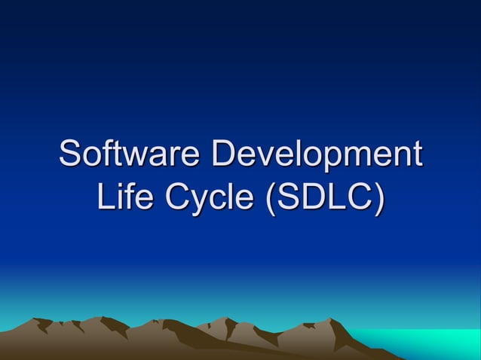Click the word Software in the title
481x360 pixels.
132,154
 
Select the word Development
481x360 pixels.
317,154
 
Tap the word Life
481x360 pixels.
124,197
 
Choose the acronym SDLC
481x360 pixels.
324,197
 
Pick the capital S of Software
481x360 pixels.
71,154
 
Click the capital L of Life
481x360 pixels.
105,197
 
